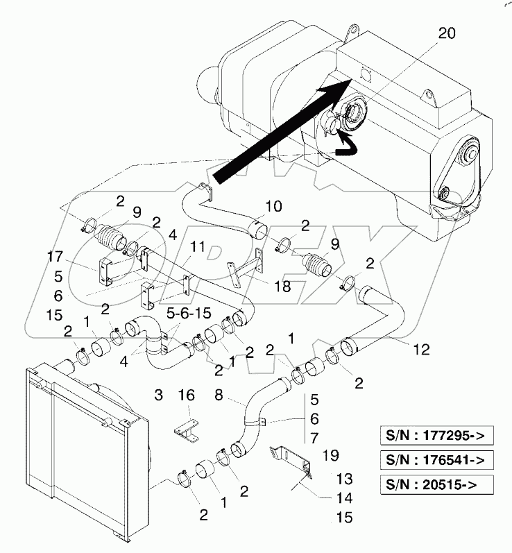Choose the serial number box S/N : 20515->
[x=434, y=483]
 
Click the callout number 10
[x=274, y=206]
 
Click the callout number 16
[x=185, y=395]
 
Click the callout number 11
[x=198, y=246]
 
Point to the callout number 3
[x=158, y=395]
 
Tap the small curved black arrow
[x=345, y=144]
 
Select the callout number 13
[x=344, y=479]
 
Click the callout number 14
[x=344, y=498]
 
